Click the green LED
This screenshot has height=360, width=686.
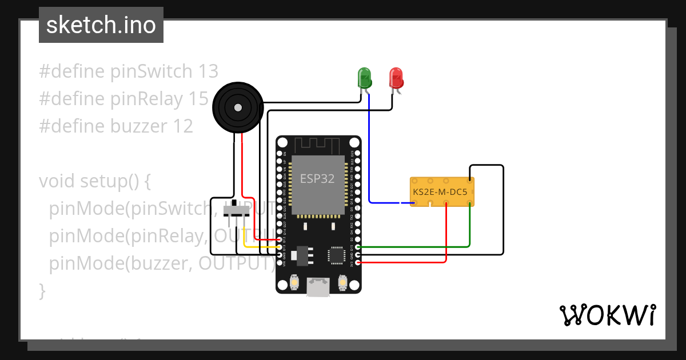[364, 77]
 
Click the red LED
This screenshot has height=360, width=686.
[396, 77]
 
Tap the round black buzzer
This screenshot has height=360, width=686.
[237, 106]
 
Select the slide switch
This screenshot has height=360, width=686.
[236, 211]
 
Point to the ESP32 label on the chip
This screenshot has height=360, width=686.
[318, 178]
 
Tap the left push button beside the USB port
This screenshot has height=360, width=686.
[294, 282]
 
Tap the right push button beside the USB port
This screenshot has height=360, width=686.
[343, 282]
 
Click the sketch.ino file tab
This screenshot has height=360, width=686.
[101, 25]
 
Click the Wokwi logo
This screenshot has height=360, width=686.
[607, 315]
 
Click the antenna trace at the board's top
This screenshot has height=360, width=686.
[318, 145]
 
